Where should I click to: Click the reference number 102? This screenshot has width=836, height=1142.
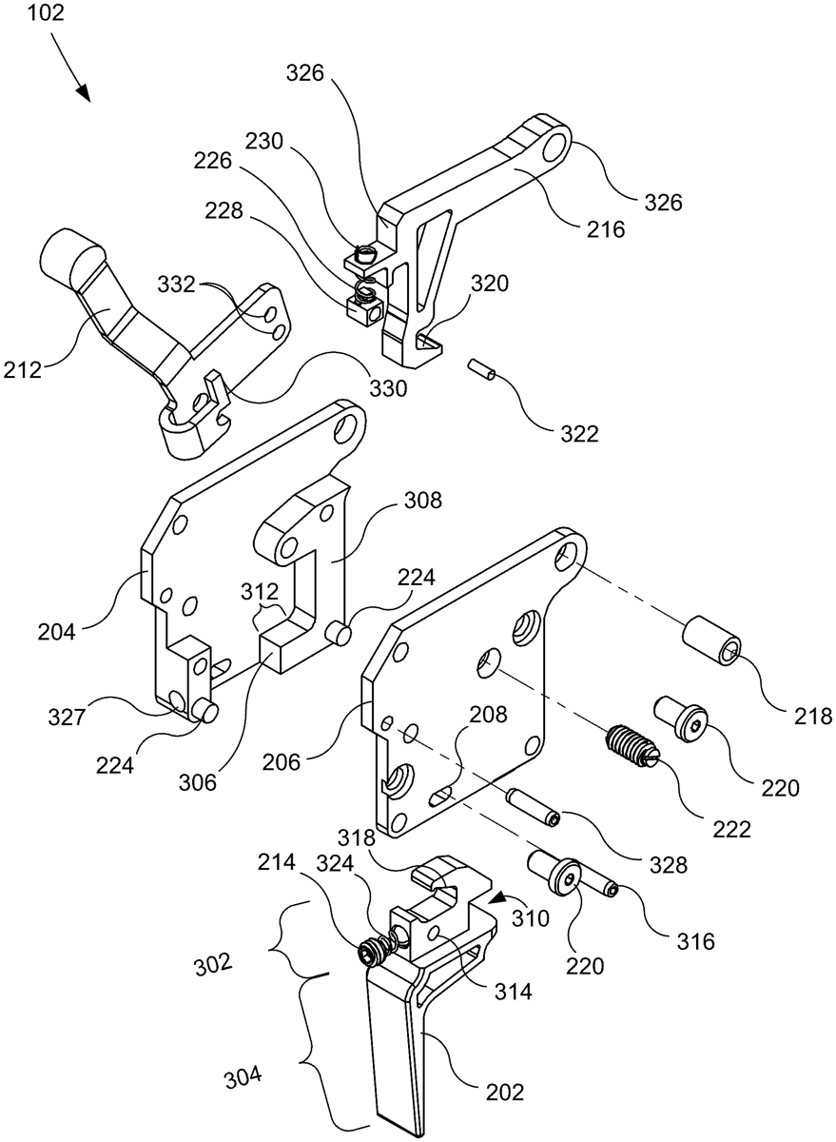pyautogui.click(x=46, y=12)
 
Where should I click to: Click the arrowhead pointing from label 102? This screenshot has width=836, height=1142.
pyautogui.click(x=83, y=93)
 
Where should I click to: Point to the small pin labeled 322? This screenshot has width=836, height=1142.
pyautogui.click(x=481, y=369)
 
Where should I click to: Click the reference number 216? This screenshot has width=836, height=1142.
pyautogui.click(x=605, y=229)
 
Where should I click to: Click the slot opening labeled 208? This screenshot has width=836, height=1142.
pyautogui.click(x=441, y=796)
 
